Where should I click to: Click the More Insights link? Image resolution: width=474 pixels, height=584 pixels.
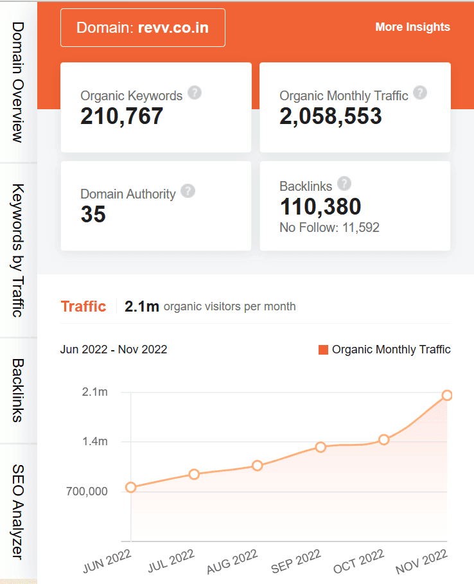412,27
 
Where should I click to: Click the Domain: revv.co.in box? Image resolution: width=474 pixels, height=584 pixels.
143,28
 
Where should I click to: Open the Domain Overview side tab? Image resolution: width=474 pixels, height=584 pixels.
18,82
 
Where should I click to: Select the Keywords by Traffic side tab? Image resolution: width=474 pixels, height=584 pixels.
18,251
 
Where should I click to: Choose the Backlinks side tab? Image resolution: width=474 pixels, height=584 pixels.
18,390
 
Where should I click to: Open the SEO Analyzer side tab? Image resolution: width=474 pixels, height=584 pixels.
18,512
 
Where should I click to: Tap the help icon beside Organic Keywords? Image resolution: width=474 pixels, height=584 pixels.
194,93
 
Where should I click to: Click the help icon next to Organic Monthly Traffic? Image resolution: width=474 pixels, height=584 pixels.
419,93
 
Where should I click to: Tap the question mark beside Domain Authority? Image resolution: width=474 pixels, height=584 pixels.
188,191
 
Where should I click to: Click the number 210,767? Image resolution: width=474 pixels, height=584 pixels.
122,116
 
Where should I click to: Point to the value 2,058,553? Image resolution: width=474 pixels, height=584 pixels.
331,116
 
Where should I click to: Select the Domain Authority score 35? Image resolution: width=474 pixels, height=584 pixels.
93,215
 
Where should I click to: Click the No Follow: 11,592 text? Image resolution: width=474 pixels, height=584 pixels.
329,227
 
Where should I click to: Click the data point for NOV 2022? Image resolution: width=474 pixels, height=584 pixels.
447,395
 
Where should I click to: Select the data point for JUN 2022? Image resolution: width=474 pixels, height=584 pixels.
131,487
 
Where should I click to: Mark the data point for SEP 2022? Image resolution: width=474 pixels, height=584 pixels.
320,447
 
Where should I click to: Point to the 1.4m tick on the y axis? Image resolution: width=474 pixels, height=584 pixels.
94,441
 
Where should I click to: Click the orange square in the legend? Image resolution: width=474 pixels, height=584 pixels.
323,350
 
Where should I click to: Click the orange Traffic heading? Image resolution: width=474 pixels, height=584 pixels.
83,306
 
